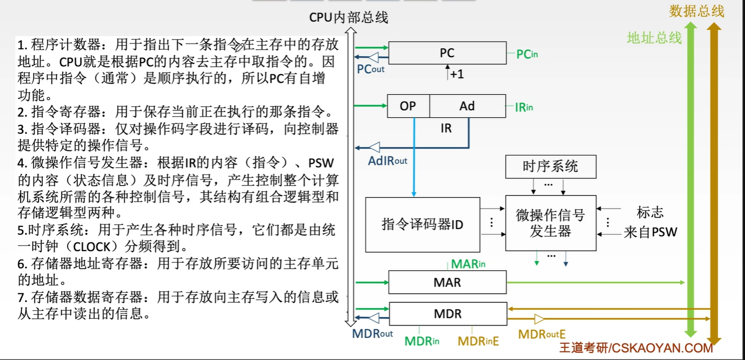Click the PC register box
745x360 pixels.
[x=447, y=53]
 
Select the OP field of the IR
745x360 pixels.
[x=408, y=106]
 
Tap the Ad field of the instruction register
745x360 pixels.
[x=467, y=106]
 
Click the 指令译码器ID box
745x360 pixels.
[x=422, y=224]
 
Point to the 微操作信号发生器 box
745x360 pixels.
[x=550, y=223]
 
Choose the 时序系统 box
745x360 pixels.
[x=550, y=166]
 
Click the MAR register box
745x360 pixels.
[x=447, y=282]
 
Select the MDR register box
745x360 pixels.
[x=447, y=314]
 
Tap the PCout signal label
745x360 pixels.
[x=371, y=69]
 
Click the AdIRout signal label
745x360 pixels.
[x=388, y=160]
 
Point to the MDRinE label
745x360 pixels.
[x=478, y=341]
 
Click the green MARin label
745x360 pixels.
[x=468, y=264]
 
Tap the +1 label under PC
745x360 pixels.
[x=456, y=74]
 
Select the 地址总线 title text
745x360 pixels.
[x=654, y=38]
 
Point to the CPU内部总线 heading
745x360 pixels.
[x=349, y=18]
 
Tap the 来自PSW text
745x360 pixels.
[x=650, y=233]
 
